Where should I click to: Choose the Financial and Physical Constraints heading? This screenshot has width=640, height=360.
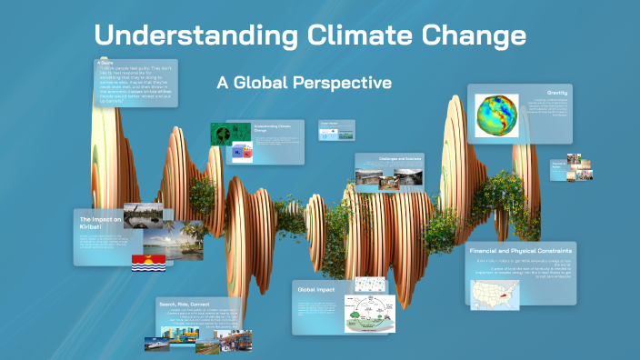coord(521,250)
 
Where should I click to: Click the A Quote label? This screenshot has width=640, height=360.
coord(106,63)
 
